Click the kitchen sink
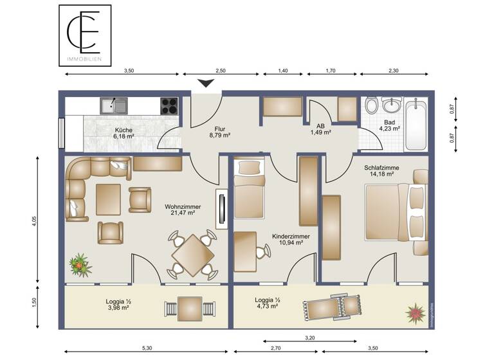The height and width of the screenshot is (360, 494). pos(113,105)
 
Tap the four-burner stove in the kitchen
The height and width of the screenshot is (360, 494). pos(169,105)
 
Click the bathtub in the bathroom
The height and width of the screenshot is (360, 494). pos(416,124)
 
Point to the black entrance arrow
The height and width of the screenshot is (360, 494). pos(206,83)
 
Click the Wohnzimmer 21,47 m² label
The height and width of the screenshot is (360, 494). pos(183,210)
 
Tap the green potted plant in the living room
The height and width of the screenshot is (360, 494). pos(80,264)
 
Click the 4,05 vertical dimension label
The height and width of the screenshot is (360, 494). pos(34,220)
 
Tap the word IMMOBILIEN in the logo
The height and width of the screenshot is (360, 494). pos(85,60)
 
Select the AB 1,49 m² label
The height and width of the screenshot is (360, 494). pos(320,129)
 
